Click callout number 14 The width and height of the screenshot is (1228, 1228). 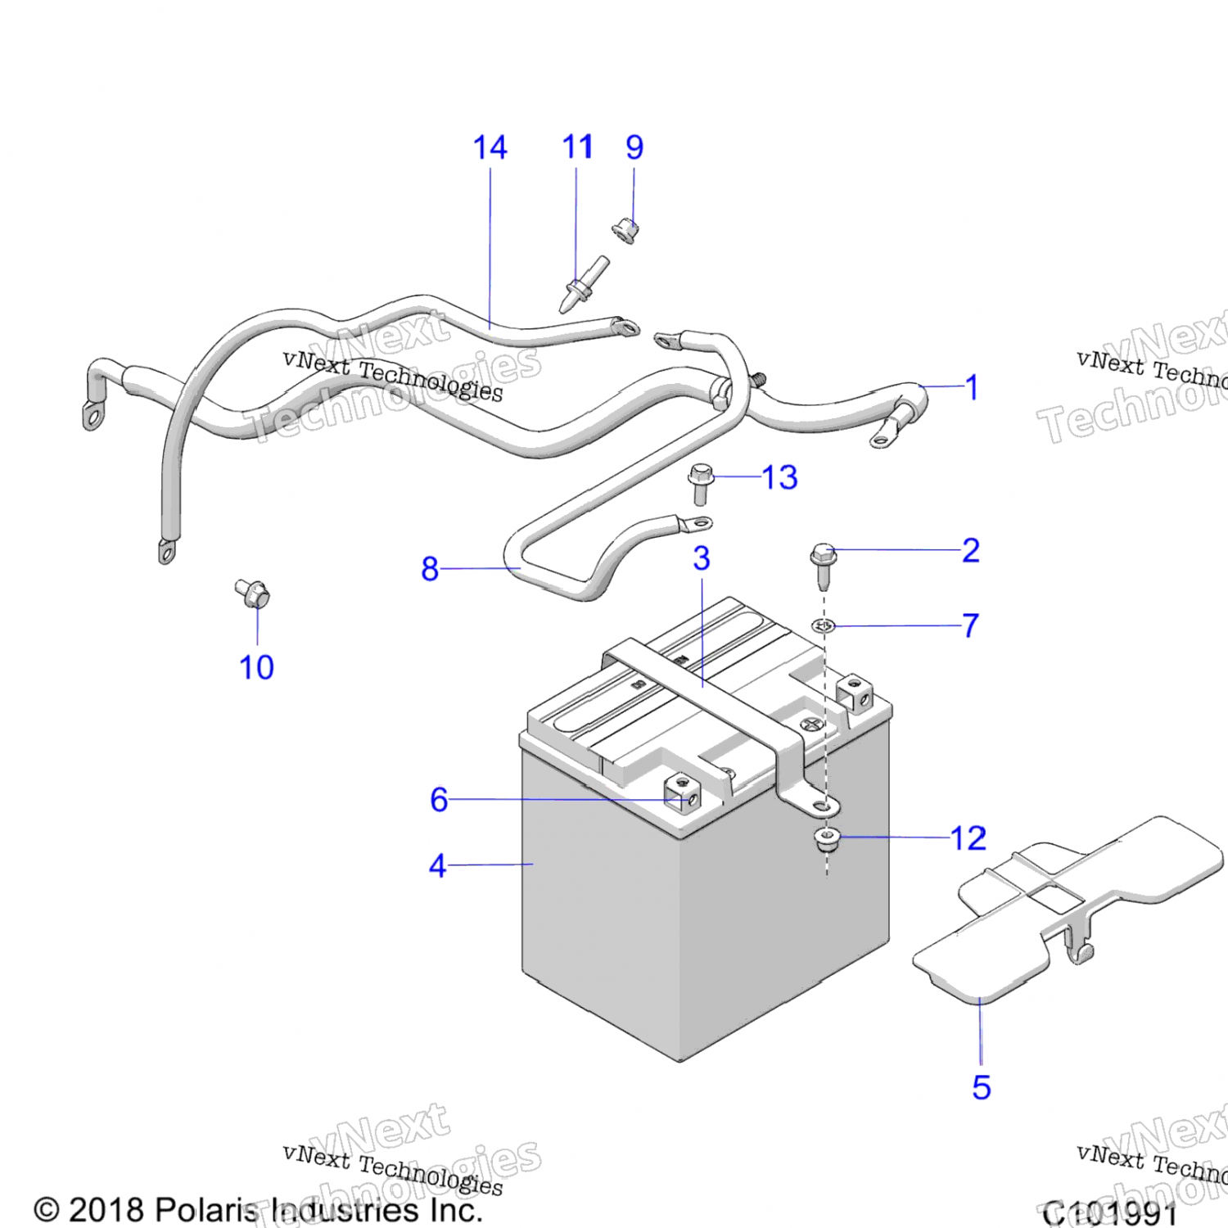[x=490, y=148]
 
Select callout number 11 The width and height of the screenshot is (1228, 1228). [x=577, y=148]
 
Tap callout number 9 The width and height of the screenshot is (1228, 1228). [x=634, y=148]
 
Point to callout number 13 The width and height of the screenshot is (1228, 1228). [x=779, y=477]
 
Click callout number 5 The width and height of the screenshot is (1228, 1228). [x=981, y=1088]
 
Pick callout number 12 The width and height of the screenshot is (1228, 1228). [x=968, y=838]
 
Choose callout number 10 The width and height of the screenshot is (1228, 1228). [x=256, y=667]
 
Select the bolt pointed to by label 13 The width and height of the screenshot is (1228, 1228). [x=701, y=482]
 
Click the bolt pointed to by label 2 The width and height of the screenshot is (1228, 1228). [x=823, y=564]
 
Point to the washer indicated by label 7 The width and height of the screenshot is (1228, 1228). [x=824, y=626]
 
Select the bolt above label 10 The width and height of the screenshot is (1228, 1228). [x=253, y=593]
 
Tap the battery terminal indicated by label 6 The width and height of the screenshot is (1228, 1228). [x=683, y=792]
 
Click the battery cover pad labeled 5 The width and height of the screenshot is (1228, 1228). [x=1064, y=909]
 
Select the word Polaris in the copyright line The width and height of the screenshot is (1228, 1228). [x=206, y=1210]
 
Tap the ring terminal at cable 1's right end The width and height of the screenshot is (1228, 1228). [x=881, y=440]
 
